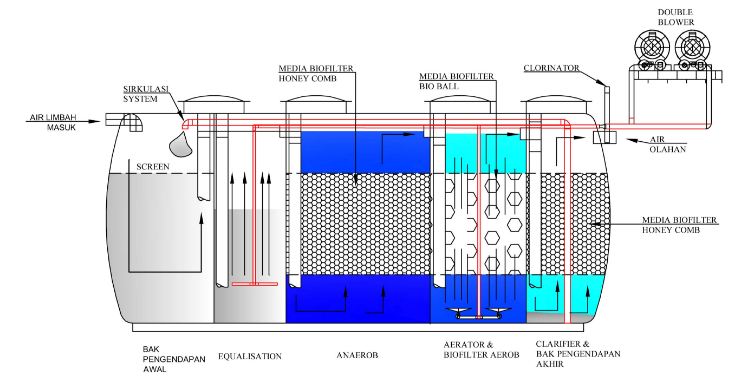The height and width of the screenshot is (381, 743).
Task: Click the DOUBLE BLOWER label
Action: [676, 17]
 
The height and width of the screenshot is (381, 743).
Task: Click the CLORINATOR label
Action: [552, 68]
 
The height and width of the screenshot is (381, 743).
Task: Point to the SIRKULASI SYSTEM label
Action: [146, 94]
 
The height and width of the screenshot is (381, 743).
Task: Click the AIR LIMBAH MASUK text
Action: [53, 122]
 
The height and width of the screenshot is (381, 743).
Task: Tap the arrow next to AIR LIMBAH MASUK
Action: [63, 122]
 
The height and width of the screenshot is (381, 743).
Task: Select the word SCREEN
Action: [153, 167]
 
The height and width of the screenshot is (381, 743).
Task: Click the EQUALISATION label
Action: [250, 356]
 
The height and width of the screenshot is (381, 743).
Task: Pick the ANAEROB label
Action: [357, 355]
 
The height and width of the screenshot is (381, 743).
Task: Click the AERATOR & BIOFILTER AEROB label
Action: [481, 350]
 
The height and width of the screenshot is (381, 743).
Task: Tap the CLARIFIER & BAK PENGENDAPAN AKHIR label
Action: [578, 354]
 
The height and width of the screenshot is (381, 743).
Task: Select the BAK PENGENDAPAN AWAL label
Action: [174, 359]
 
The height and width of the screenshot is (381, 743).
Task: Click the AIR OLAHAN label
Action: [668, 144]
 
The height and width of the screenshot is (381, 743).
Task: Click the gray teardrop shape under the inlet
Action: [181, 144]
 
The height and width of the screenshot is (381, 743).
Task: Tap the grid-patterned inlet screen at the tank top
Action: [133, 122]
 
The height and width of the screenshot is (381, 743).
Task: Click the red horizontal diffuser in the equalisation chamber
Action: [254, 284]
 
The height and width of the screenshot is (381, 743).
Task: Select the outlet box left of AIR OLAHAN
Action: [604, 137]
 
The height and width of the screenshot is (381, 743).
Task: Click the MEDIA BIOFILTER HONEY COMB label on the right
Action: [680, 225]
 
